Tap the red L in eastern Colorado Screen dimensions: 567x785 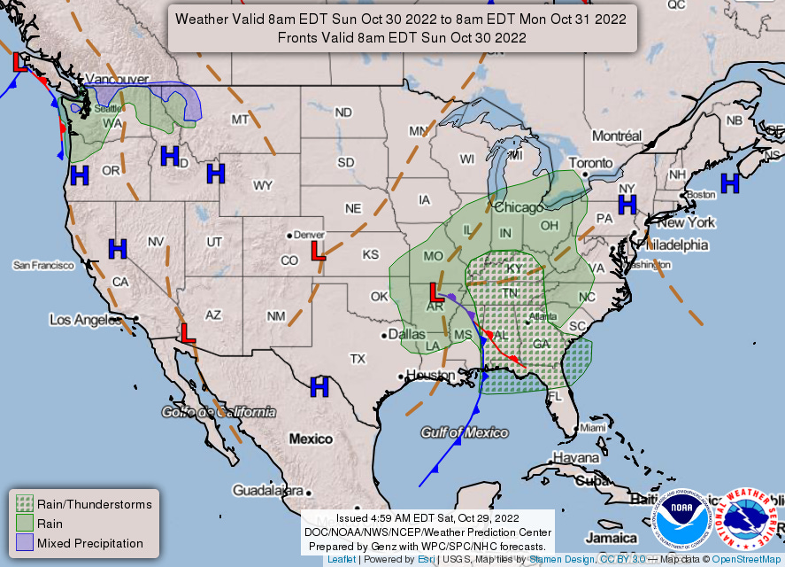click(319, 252)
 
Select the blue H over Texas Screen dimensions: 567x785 click(319, 386)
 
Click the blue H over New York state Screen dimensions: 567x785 click(627, 205)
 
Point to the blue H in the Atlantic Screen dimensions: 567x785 click(729, 183)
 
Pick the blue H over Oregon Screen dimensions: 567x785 click(81, 175)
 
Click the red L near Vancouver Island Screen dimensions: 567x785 click(20, 62)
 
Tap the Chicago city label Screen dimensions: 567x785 click(519, 207)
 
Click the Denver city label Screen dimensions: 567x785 click(311, 235)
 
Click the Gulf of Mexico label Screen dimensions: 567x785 click(465, 432)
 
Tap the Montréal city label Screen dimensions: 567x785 click(616, 136)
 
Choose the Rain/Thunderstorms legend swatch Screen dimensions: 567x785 click(24, 504)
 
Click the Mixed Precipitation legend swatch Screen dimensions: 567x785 click(24, 543)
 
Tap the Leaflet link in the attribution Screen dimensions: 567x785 click(342, 559)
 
